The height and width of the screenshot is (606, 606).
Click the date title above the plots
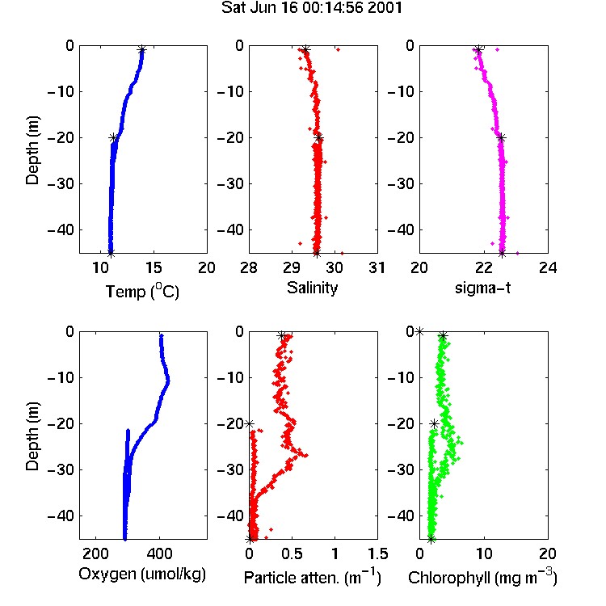(x=312, y=8)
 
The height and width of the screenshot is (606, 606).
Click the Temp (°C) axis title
(x=142, y=291)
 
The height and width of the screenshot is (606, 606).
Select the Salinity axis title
(x=312, y=288)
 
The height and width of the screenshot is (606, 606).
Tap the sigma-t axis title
(x=482, y=288)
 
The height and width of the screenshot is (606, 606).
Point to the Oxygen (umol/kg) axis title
(x=142, y=574)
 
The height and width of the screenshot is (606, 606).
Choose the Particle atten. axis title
(x=312, y=578)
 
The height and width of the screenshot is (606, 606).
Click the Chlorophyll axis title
(x=482, y=578)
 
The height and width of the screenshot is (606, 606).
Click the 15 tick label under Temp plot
(x=154, y=267)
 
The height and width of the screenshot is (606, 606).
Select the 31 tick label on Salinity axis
(x=377, y=267)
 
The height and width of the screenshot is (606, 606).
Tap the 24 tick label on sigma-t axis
(x=548, y=267)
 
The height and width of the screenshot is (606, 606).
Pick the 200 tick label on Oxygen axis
(x=95, y=553)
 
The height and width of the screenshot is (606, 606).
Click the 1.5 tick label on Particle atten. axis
(x=377, y=553)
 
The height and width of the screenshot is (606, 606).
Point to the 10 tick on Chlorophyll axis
(x=483, y=553)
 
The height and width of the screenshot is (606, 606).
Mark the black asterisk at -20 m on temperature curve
(x=113, y=137)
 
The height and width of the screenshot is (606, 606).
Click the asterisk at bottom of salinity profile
(x=317, y=254)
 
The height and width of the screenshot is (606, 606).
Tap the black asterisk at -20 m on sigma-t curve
(x=501, y=137)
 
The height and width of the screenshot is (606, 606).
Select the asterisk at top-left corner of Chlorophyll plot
(x=419, y=331)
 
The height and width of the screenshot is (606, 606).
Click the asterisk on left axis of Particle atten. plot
(x=250, y=423)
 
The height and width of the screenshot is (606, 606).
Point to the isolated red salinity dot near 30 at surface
(x=339, y=49)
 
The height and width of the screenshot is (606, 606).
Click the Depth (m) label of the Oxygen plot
(x=32, y=436)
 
